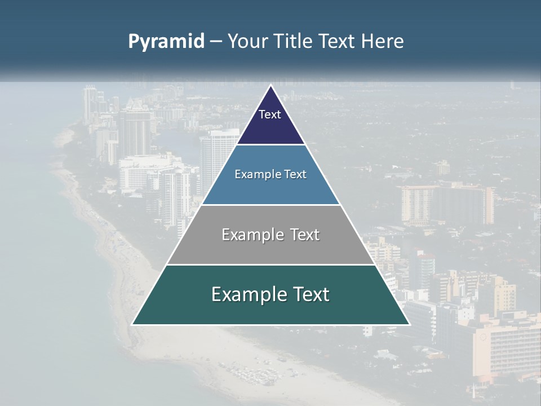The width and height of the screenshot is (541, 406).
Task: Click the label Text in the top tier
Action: (270, 114)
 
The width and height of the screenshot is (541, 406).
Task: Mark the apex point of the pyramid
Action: (271, 86)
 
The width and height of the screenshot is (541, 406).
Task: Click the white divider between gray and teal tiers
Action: (270, 264)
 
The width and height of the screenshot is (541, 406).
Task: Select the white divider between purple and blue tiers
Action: (270, 144)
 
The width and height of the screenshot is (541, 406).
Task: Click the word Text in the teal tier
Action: (309, 294)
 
